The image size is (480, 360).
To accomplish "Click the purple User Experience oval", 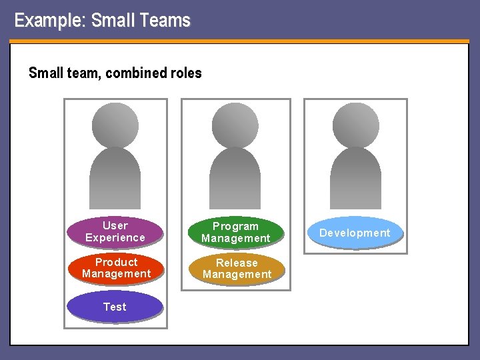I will click(x=115, y=231).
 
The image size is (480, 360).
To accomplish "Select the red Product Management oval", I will click(x=116, y=268).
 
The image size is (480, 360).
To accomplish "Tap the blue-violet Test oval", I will click(x=115, y=307).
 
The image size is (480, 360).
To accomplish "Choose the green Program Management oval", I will click(x=235, y=232).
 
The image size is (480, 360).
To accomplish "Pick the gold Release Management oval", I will click(x=237, y=268).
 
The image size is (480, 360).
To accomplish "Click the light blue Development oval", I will click(x=355, y=233).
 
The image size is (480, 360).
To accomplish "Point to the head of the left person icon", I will click(x=115, y=125).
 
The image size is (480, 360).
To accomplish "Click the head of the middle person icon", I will click(x=235, y=125).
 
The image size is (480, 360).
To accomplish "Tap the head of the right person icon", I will click(x=355, y=125).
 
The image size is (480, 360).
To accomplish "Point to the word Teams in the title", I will click(x=166, y=21).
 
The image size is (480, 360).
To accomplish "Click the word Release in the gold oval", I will click(x=237, y=263).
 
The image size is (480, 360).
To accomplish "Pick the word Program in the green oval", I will click(x=235, y=227).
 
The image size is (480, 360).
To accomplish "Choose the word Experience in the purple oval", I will click(x=115, y=237).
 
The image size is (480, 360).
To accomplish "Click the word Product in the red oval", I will click(x=116, y=262).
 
